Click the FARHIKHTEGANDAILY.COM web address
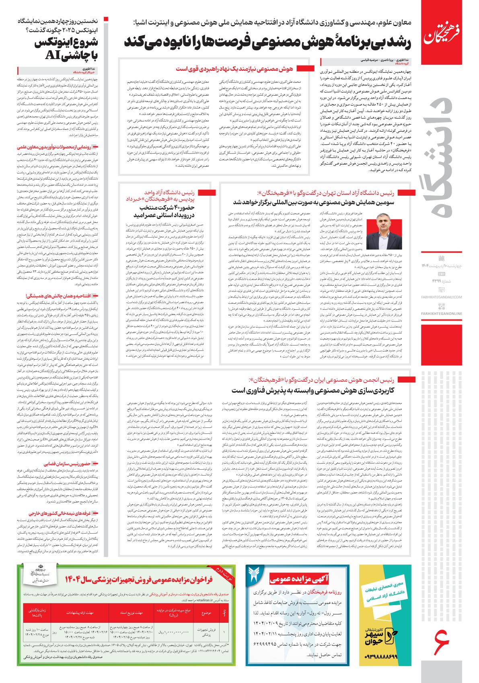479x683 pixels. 444,297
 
